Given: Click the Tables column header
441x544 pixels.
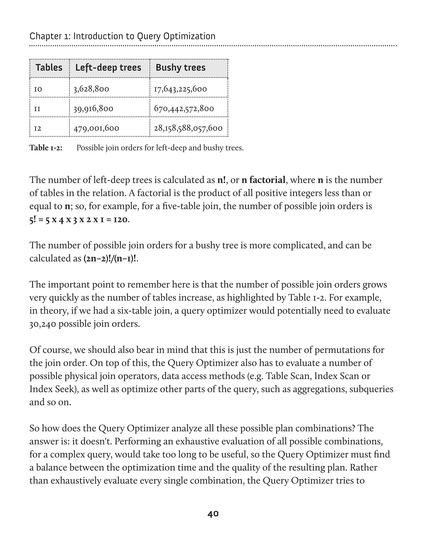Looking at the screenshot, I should point(49,68).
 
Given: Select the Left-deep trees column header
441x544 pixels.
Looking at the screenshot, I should point(108,68).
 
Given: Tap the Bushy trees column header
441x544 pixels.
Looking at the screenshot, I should point(180,68).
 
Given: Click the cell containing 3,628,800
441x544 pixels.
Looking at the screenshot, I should point(91,89).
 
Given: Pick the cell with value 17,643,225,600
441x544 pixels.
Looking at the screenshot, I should point(180,89).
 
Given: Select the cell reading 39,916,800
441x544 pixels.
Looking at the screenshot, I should point(93,109).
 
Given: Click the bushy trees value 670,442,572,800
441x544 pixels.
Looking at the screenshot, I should point(184,109).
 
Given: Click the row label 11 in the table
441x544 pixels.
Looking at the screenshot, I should point(37,109).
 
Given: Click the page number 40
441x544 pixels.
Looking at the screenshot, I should point(213,514).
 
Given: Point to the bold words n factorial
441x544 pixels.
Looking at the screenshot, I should point(263,180).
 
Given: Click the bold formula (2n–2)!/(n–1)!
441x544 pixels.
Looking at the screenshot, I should point(110,258).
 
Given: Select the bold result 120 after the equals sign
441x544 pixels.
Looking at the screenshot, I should point(120,219).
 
